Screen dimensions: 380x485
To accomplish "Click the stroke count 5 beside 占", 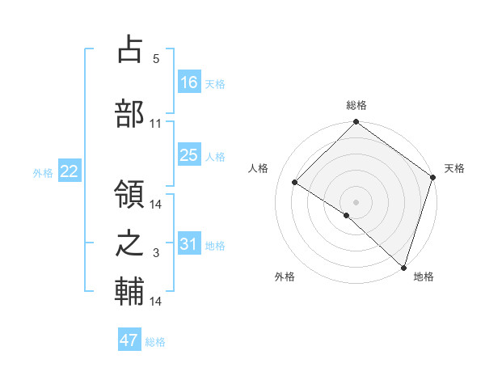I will (x=156, y=58).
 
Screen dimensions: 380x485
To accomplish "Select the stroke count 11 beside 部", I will (x=156, y=123).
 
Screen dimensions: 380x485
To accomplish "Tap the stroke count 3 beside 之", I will (x=156, y=253).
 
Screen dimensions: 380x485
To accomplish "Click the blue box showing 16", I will (x=189, y=82).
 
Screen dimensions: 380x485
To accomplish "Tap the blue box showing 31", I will (x=189, y=243).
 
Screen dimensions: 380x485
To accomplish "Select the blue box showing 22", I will (x=69, y=171).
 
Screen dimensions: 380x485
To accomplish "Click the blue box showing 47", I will (x=129, y=340).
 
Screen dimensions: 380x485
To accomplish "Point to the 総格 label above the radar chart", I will (x=356, y=106).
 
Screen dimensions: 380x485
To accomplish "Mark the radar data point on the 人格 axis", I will (x=295, y=183).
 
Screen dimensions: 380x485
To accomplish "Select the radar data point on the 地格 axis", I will (x=403, y=266).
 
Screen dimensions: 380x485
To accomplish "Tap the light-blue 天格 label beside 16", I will (x=215, y=83).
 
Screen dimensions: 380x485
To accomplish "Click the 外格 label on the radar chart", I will (x=285, y=277).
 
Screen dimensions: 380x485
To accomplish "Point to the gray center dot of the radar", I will (x=356, y=201).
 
